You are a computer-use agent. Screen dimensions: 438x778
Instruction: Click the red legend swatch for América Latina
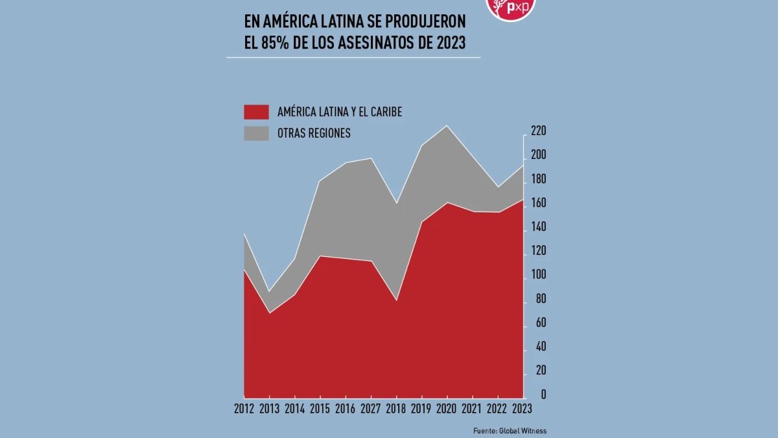[x=256, y=112]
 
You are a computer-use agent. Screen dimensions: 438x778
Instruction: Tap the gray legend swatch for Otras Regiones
[x=256, y=133]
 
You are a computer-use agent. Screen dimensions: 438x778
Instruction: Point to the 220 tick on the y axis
[x=539, y=132]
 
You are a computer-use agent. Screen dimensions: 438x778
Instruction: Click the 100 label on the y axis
[x=539, y=276]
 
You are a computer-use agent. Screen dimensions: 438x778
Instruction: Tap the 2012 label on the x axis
[x=244, y=409]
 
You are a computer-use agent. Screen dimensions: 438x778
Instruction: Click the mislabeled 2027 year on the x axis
[x=371, y=409]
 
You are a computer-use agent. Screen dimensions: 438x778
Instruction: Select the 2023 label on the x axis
[x=521, y=409]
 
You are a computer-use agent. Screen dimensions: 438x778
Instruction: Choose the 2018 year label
[x=396, y=409]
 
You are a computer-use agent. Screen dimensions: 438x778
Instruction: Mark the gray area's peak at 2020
[x=447, y=126]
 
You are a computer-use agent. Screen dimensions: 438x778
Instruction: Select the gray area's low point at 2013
[x=270, y=292]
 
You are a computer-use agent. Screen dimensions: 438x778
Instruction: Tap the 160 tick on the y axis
[x=539, y=204]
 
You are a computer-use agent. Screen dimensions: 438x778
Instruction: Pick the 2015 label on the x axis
[x=320, y=409]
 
